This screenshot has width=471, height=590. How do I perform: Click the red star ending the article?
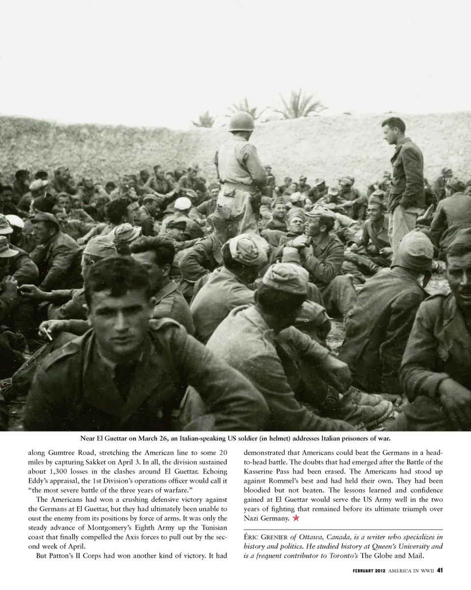[x=296, y=518]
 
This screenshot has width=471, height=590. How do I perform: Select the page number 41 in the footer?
[x=440, y=570]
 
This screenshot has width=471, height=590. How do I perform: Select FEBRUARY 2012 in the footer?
[x=368, y=570]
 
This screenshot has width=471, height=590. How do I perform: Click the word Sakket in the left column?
[x=167, y=462]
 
